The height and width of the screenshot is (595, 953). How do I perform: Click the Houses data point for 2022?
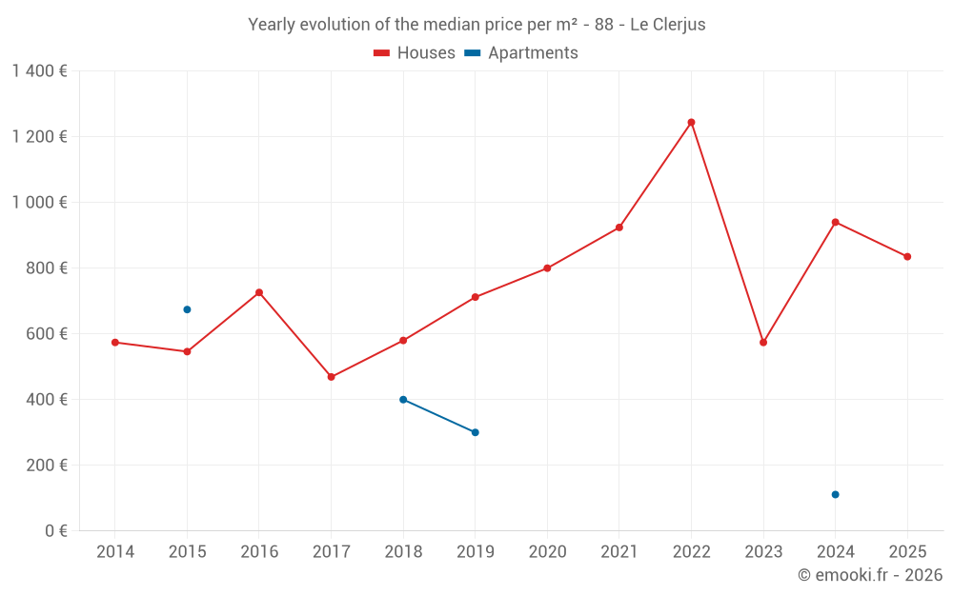coord(691,123)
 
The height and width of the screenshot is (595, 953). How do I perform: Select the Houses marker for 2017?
coord(331,377)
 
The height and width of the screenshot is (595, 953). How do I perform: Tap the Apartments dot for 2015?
coord(187,309)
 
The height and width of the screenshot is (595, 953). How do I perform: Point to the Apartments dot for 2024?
coord(835,494)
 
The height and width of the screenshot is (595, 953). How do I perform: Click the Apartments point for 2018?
coord(403,400)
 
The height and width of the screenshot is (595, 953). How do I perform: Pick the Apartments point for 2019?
coord(475,432)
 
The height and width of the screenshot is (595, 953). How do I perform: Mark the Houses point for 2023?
coord(763,342)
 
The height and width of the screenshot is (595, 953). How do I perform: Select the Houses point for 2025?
coord(907,256)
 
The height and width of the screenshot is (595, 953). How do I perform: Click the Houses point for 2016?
coord(259,292)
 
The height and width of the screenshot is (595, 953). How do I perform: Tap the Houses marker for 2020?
coord(547,268)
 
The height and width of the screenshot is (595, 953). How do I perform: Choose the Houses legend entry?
coord(415,53)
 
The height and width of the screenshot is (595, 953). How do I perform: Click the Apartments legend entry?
coord(521,53)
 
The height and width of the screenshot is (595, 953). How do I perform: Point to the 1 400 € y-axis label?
coord(39,71)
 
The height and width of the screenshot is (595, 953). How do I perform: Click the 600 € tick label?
coord(47,334)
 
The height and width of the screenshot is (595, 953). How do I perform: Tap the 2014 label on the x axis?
coord(115,552)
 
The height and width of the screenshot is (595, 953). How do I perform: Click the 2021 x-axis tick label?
coord(619,552)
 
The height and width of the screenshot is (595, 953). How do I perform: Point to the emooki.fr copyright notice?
coord(869,575)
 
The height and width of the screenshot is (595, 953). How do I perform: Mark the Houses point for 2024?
coord(835,222)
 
